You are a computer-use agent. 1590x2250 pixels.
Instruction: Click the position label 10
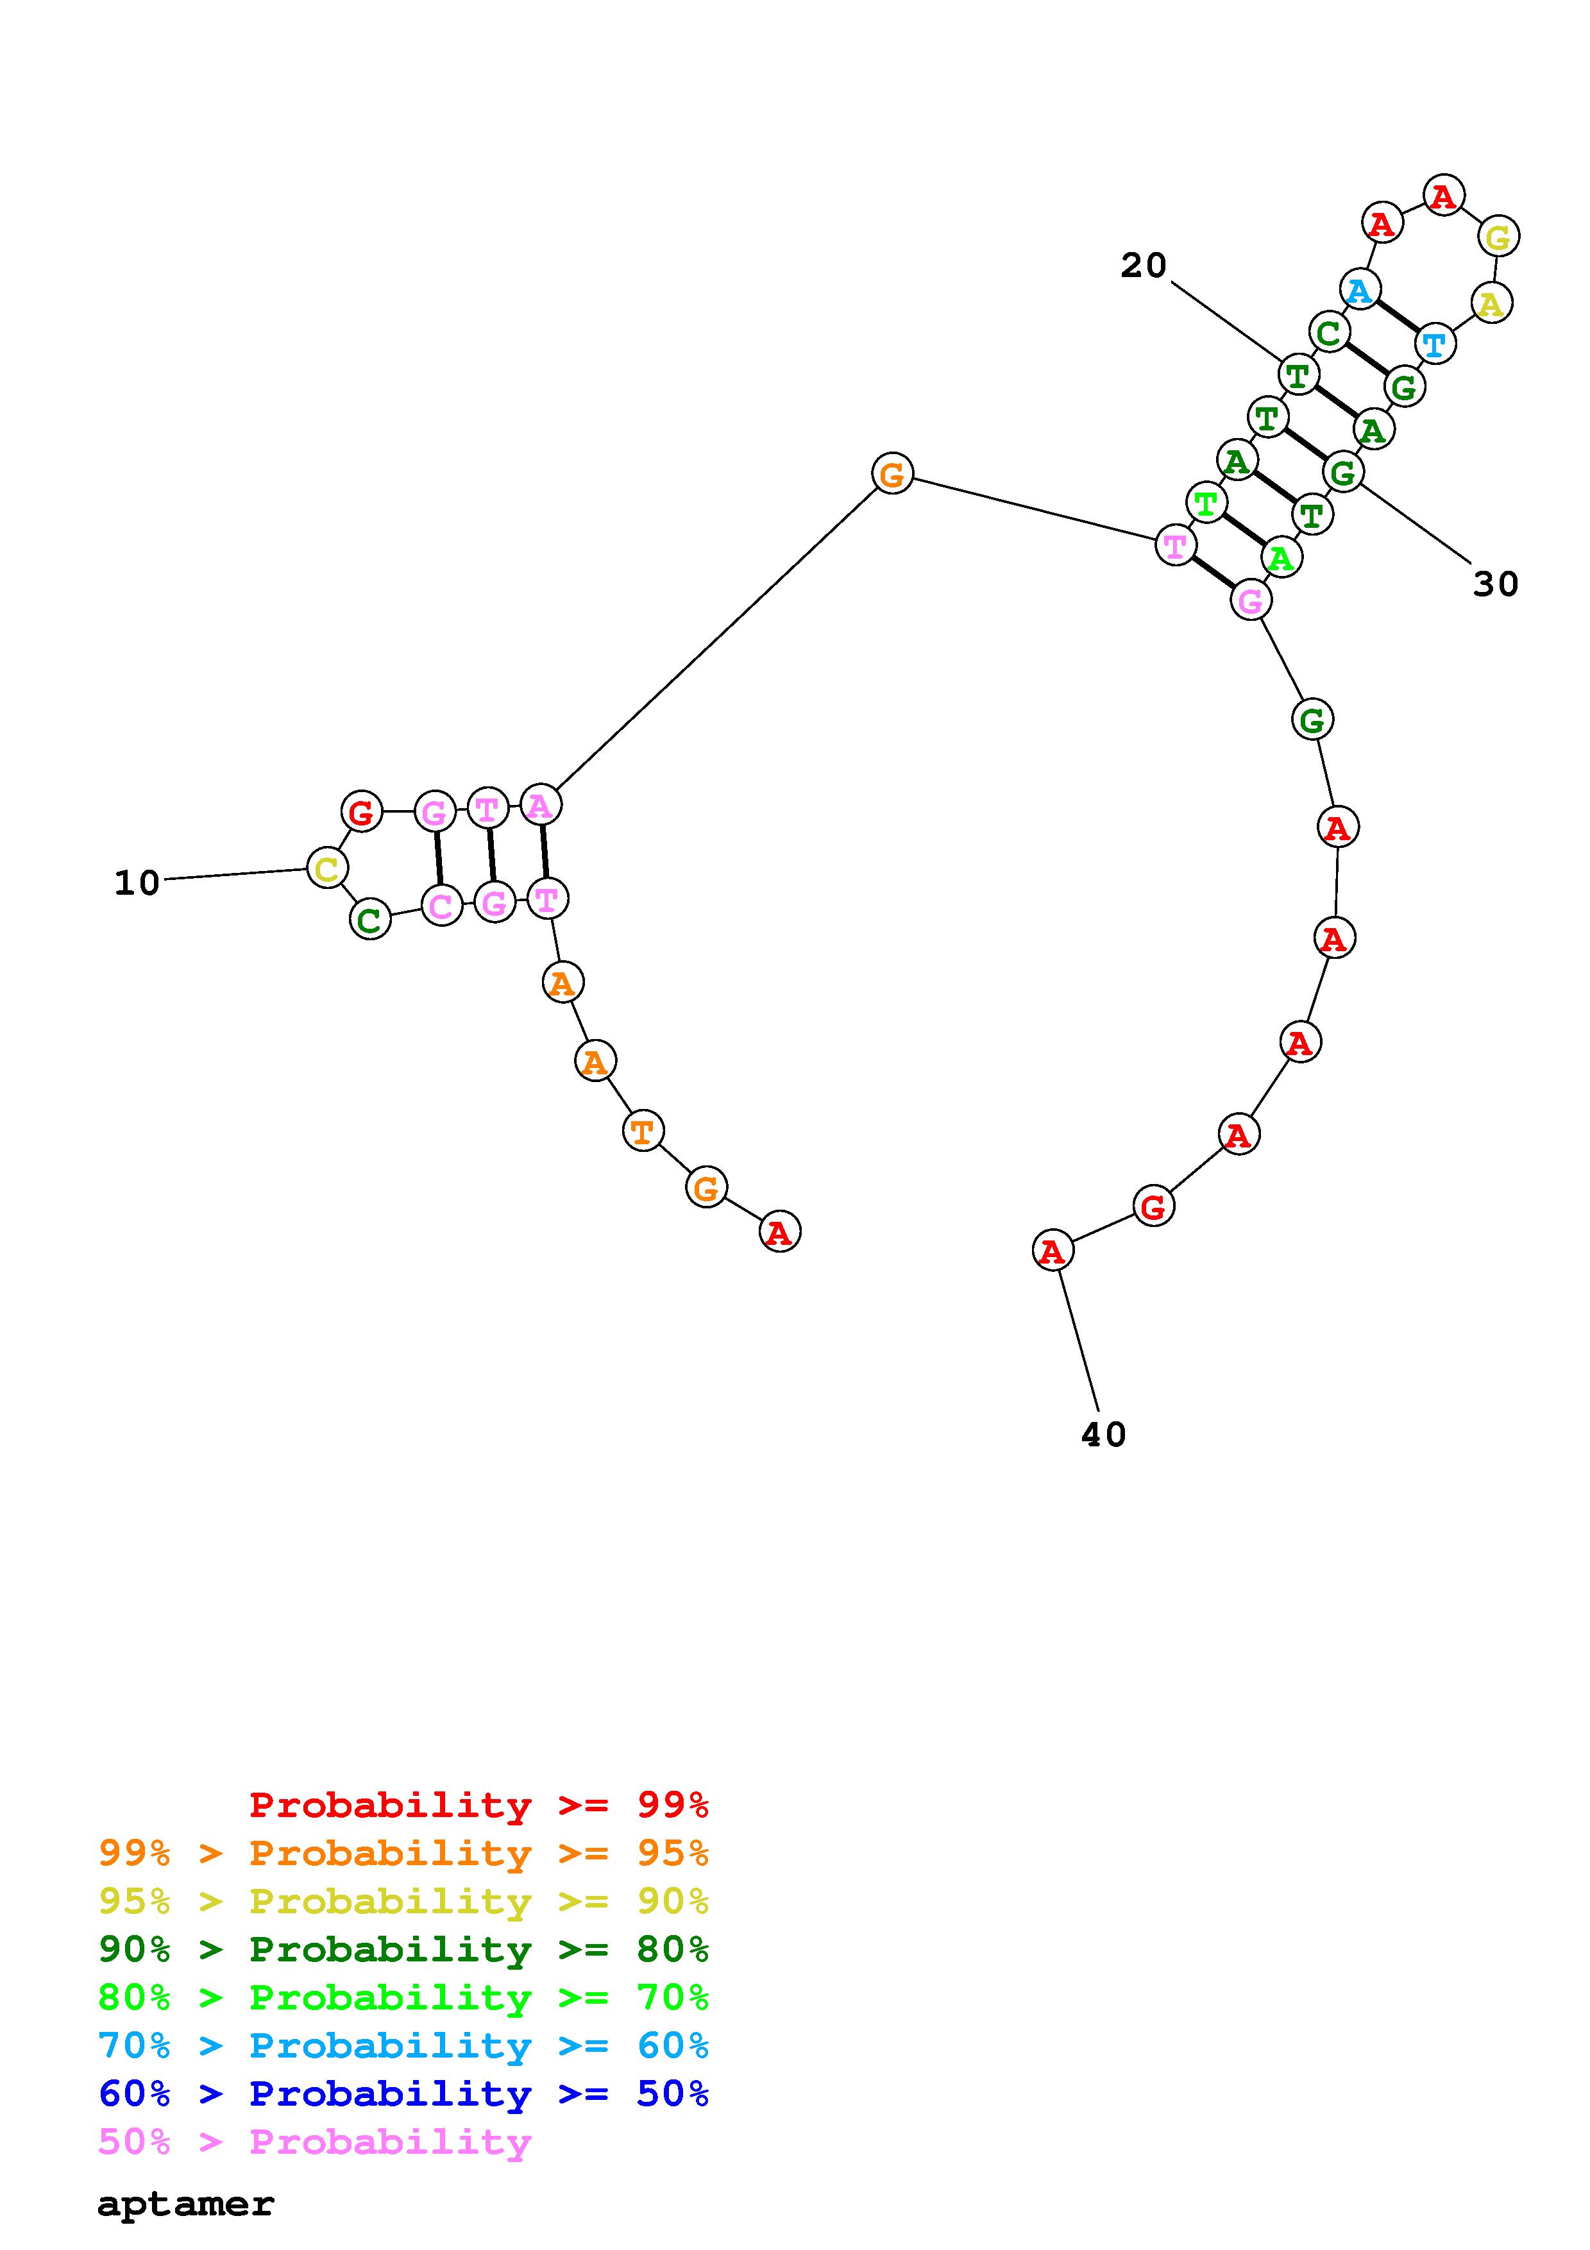[x=137, y=883]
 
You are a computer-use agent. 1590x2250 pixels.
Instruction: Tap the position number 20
[x=1143, y=265]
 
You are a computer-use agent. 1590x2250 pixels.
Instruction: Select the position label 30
[x=1495, y=584]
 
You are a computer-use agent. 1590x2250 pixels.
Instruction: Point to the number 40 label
[x=1103, y=1435]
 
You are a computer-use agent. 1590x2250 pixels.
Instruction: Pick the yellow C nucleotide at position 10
[x=327, y=868]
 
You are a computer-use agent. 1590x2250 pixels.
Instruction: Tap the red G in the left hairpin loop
[x=362, y=811]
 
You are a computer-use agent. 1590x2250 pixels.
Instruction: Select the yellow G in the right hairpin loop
[x=1498, y=236]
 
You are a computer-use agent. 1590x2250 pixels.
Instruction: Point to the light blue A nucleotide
[x=1360, y=289]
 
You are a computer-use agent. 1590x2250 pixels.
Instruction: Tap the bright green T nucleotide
[x=1206, y=503]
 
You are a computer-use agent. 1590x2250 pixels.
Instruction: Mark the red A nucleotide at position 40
[x=1052, y=1251]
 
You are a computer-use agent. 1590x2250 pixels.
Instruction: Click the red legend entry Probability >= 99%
[x=478, y=1805]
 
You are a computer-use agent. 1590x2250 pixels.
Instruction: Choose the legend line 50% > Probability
[x=314, y=2142]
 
